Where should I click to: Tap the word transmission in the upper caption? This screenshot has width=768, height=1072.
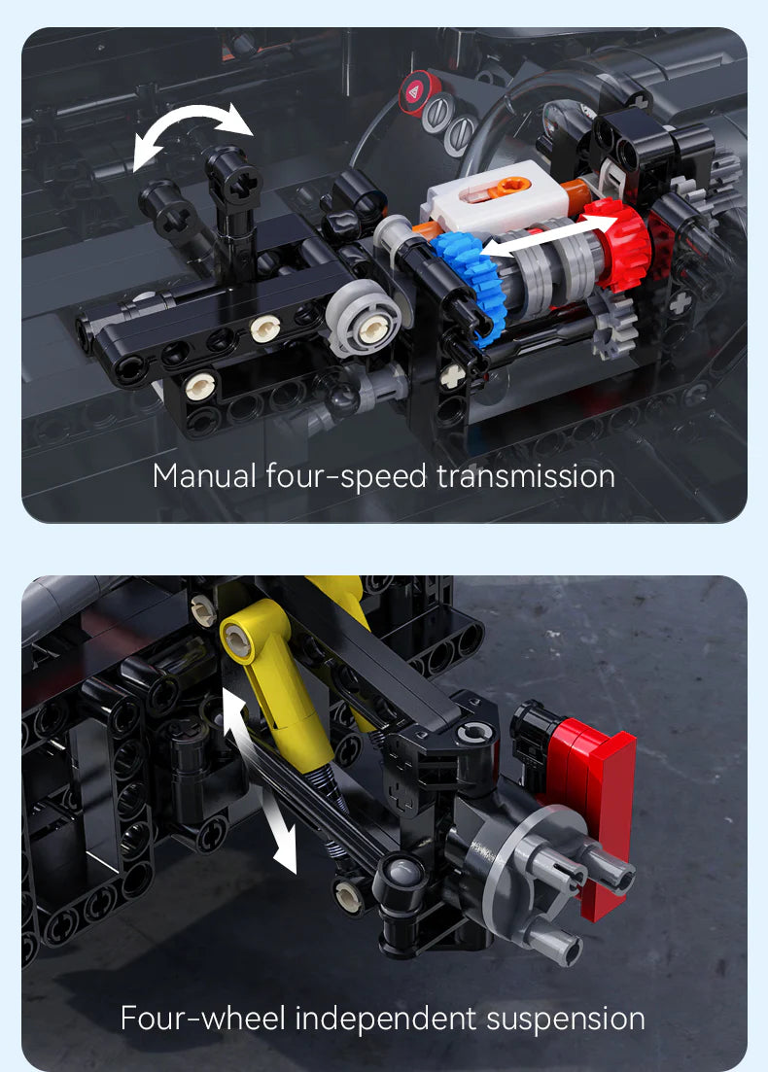click(525, 476)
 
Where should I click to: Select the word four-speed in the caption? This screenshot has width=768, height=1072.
click(347, 476)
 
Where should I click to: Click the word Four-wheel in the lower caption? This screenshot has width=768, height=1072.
click(202, 1019)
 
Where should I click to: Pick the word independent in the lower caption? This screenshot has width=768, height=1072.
click(386, 1019)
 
